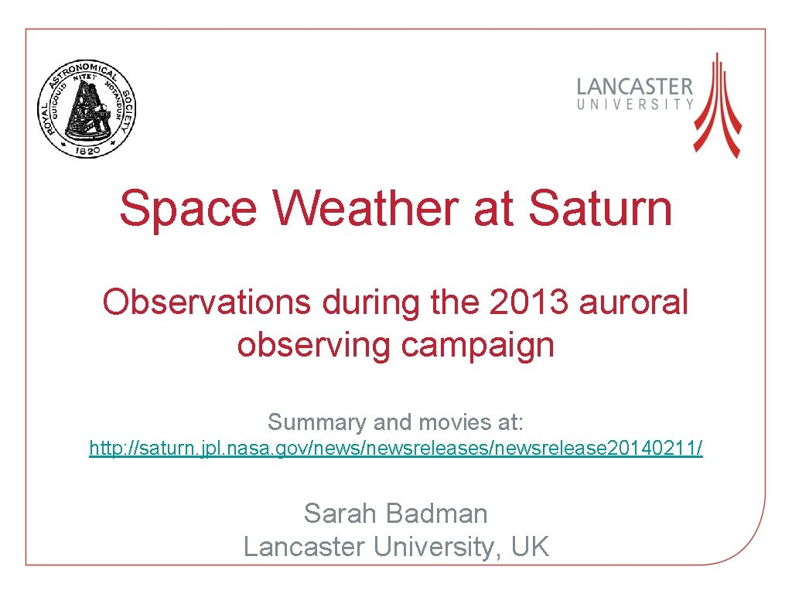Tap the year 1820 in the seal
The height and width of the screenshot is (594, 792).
pos(87,152)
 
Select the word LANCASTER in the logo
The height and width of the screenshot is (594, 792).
pos(635,87)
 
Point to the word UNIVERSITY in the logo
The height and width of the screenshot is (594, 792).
pos(635,104)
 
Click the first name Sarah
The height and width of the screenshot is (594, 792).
pos(343,513)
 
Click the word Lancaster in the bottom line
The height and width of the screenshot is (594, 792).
pos(305,547)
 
